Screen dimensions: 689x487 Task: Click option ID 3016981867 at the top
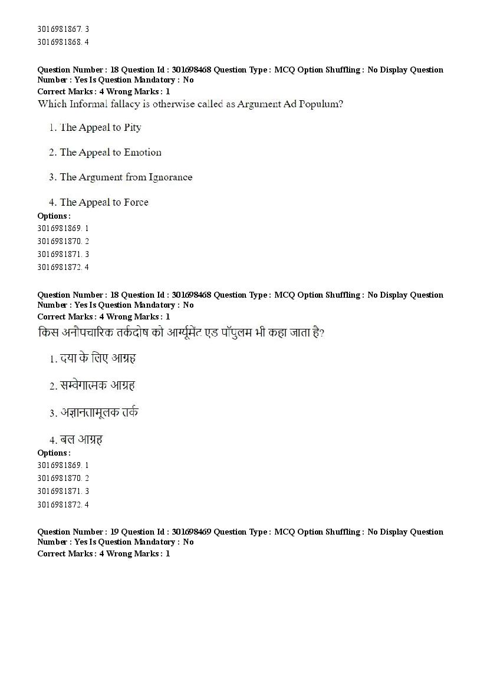60,29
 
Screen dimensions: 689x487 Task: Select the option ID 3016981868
60,42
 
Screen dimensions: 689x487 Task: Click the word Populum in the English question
321,104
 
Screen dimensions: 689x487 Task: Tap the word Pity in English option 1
133,127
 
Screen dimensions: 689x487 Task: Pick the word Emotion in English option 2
143,152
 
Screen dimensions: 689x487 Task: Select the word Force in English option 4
136,202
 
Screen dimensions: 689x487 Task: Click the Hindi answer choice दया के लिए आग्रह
98,358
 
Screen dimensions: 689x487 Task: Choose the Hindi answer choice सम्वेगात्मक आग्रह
97,385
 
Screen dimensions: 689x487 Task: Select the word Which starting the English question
51,104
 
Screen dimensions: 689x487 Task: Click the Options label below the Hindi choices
54,453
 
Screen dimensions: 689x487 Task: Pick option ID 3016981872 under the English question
60,267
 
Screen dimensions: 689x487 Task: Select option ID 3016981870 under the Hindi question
60,478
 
